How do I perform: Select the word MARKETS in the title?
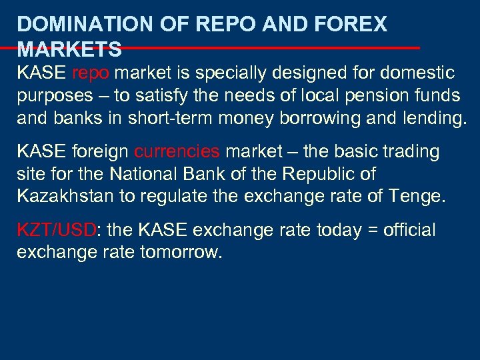click(x=69, y=49)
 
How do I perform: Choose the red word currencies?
click(x=177, y=152)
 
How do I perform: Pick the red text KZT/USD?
click(x=57, y=231)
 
